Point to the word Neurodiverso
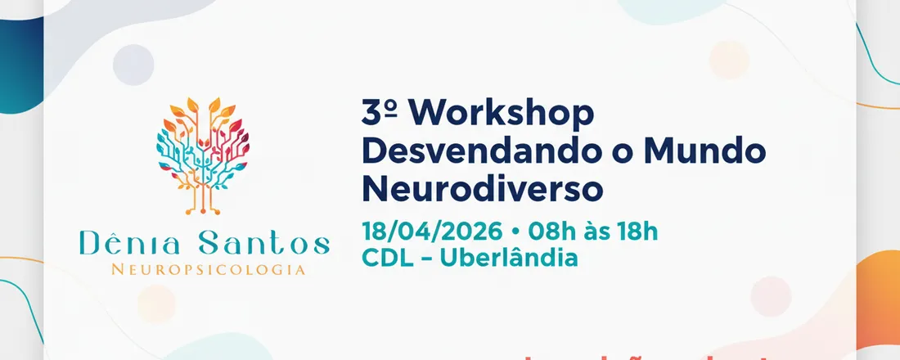[482, 189]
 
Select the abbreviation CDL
[389, 258]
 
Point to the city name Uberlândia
[509, 258]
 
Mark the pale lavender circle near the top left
[133, 65]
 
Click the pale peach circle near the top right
[729, 60]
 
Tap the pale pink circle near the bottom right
[771, 295]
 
